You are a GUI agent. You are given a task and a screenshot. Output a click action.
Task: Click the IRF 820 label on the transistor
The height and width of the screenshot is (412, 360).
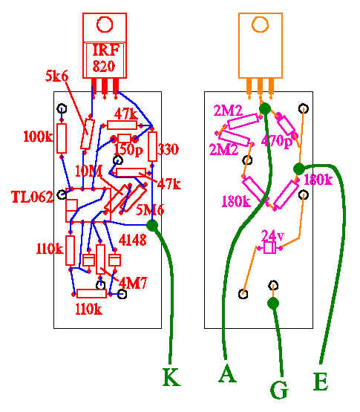(105, 58)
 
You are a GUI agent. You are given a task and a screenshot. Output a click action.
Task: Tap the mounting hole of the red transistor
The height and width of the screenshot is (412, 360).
(105, 24)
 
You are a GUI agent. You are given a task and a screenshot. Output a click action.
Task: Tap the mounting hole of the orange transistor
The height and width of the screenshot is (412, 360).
(260, 24)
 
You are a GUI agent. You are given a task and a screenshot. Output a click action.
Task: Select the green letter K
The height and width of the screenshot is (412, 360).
(172, 377)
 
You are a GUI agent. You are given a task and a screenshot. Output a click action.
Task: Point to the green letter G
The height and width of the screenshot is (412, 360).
(279, 390)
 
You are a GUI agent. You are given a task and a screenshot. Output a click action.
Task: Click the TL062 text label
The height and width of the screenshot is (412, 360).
(33, 197)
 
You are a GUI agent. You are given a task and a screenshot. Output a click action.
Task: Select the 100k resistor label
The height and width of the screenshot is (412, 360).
(38, 137)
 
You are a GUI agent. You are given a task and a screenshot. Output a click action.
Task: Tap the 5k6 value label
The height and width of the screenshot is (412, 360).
(56, 76)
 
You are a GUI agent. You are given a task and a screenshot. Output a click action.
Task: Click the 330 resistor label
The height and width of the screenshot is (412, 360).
(168, 149)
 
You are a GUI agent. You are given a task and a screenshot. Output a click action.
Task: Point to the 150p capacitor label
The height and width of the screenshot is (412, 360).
(128, 150)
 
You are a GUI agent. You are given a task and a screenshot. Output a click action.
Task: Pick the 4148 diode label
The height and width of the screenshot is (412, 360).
(133, 240)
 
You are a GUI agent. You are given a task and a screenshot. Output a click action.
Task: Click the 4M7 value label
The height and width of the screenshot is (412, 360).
(133, 283)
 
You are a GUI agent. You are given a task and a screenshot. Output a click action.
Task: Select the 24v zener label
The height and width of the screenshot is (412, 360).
(272, 235)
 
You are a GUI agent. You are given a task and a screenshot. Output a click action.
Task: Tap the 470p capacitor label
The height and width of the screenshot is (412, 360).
(276, 141)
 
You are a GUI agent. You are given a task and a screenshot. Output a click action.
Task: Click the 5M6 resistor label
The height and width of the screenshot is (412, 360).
(150, 209)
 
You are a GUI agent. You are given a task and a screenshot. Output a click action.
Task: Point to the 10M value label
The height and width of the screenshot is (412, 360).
(88, 171)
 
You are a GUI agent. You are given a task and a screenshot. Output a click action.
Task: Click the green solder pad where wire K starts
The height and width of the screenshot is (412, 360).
(152, 226)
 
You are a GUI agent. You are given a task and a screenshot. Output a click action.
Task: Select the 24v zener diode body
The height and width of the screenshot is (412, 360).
(269, 247)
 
